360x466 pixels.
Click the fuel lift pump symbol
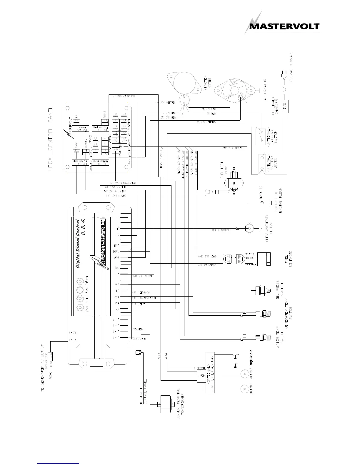pos(235,183)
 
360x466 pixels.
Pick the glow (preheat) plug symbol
pos(250,228)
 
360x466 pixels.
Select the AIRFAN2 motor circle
pos(244,374)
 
